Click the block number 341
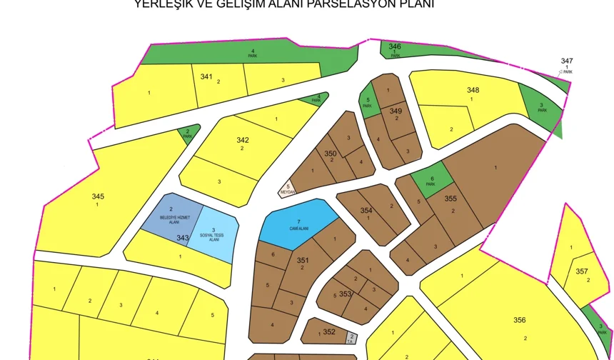click(206, 76)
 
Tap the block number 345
click(98, 196)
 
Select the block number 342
click(243, 140)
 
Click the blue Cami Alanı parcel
click(298, 223)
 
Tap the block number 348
click(473, 90)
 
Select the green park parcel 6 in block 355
click(431, 179)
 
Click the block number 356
click(519, 320)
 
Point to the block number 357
click(581, 271)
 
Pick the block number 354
click(366, 210)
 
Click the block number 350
click(330, 153)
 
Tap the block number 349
click(396, 111)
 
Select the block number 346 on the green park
click(395, 47)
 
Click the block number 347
click(567, 61)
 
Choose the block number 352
click(328, 331)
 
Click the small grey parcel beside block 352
click(351, 338)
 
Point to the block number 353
click(346, 294)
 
